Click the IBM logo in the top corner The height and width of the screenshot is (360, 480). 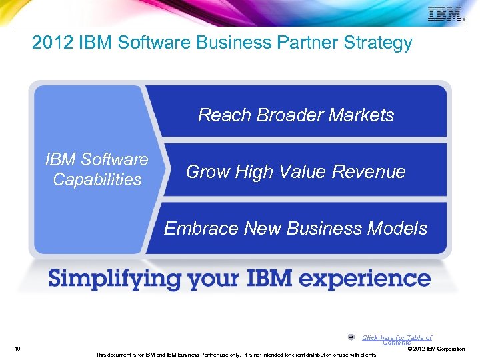tap(445, 14)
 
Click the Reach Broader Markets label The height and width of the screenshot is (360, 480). tap(296, 115)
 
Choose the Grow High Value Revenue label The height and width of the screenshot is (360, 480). tap(295, 172)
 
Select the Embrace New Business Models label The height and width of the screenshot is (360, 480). tap(295, 229)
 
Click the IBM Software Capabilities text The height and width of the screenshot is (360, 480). tap(97, 169)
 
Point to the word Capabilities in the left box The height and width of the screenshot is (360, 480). tap(97, 179)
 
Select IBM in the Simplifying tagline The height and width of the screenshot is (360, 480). tap(289, 277)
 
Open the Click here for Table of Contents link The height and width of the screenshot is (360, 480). tap(397, 339)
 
